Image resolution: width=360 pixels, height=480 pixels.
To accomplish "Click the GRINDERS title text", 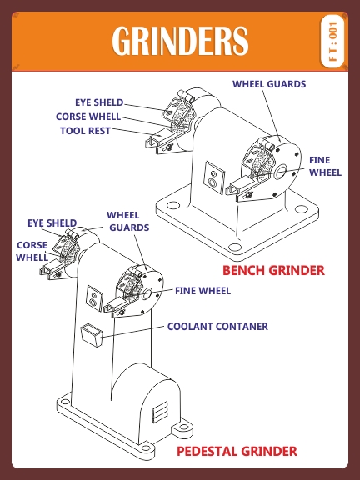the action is pos(180,41).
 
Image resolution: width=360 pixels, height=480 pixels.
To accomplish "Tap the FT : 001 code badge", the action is pos(332,41).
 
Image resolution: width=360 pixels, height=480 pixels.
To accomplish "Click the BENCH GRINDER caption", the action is pos(273,270).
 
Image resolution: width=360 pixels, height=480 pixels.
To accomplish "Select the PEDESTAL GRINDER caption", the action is pos(237,451).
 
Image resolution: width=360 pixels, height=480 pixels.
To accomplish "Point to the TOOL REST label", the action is pos(85,131).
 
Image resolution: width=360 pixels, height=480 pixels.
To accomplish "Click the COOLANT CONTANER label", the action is pos(217,327).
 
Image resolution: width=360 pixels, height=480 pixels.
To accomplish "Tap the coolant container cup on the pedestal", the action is pos(91,335).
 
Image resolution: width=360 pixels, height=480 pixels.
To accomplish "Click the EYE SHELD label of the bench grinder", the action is pos(99,102).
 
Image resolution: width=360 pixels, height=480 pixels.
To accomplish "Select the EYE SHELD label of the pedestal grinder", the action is pos(52,222).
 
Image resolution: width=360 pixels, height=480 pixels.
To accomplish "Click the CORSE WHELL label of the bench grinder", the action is pos(88,117).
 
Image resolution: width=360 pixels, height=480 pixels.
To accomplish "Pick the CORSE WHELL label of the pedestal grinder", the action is pos(32,251).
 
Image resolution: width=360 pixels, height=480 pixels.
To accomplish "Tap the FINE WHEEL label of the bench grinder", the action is pos(325,166).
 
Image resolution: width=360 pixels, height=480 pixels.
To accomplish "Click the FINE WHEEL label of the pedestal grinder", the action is pos(202,291).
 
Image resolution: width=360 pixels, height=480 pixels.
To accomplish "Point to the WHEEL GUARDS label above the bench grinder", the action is pos(269,84).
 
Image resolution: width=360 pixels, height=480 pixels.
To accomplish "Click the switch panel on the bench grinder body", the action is pos(215,177).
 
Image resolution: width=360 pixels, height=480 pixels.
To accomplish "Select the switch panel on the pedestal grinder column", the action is pos(94,298).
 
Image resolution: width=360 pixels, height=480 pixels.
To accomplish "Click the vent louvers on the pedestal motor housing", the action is pos(160,412).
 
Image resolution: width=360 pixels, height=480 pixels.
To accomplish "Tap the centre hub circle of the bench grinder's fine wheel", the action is pos(281,172).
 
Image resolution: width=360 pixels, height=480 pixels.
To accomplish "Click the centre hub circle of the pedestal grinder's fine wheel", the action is pos(147,293).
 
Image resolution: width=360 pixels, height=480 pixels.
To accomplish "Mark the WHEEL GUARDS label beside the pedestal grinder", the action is pos(127,222).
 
